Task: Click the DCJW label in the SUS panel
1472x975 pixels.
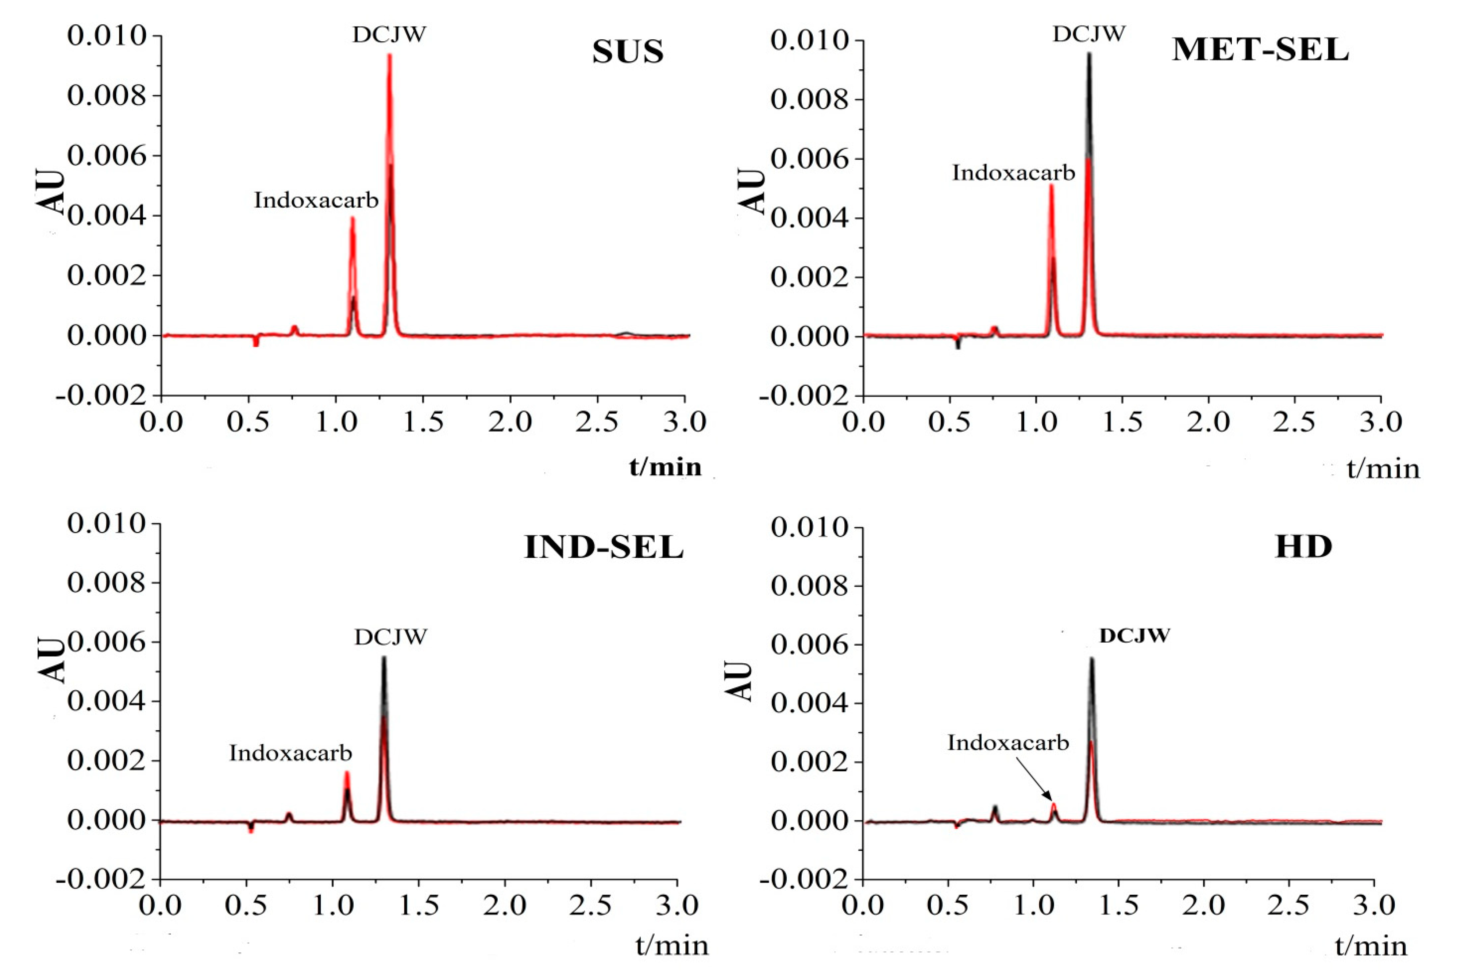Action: pos(390,35)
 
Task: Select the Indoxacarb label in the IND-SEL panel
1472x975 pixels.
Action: pos(290,753)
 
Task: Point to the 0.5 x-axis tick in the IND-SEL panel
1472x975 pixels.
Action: pos(247,905)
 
